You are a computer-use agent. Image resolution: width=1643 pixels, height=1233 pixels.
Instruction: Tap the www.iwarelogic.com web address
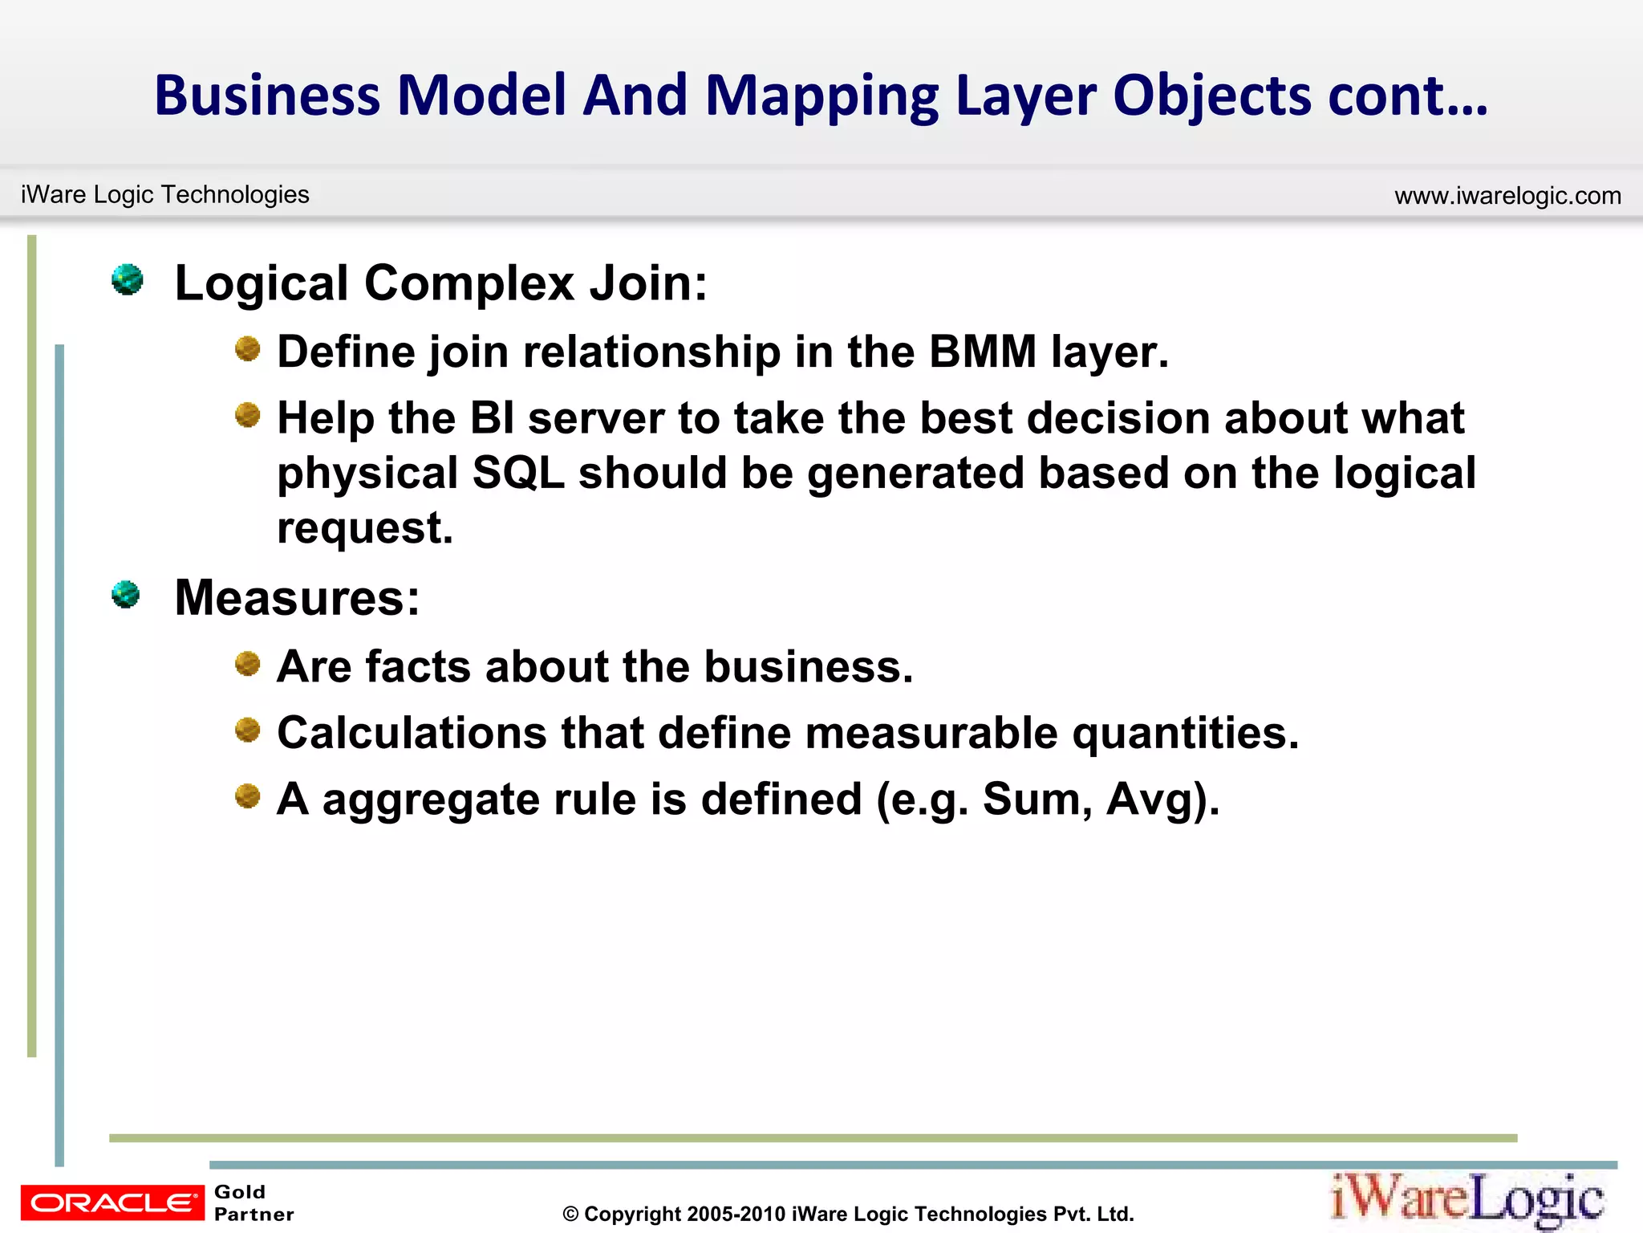pos(1507,196)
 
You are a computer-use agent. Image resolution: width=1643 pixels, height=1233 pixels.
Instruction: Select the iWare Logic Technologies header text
pos(165,194)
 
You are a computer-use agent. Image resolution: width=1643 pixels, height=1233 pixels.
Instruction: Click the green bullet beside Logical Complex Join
pos(127,279)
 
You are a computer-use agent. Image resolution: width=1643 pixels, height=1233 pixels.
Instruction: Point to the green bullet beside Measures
pos(126,595)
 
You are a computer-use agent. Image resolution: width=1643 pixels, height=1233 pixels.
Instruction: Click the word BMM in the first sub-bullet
pos(983,352)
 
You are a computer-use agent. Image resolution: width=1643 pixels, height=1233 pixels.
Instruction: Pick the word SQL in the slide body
pos(518,473)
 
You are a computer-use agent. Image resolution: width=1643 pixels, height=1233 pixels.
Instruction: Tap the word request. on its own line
pos(365,528)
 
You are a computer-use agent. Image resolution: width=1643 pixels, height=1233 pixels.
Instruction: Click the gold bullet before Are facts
pos(248,665)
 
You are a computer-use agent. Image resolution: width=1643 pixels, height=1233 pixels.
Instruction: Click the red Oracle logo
pos(112,1202)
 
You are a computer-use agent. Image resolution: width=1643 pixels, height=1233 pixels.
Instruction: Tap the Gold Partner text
pos(253,1202)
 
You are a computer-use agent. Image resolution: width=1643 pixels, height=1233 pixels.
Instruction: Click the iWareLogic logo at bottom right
pos(1467,1199)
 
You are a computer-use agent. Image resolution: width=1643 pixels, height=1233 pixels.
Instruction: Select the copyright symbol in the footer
pos(570,1215)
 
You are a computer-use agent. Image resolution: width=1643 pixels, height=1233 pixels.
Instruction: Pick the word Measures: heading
pos(297,598)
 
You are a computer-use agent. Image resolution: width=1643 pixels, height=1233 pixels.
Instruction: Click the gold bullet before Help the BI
pos(248,416)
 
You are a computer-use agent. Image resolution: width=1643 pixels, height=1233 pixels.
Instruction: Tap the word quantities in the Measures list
pos(1184,733)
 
